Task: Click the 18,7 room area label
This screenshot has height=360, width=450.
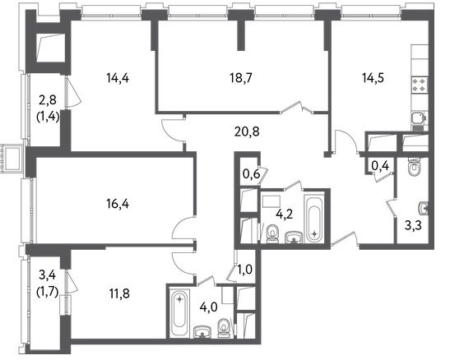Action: point(241,78)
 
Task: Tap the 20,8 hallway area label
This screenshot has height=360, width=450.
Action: point(247,132)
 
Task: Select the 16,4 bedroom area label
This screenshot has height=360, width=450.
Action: point(118,205)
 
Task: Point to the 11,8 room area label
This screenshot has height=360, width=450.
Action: point(119,293)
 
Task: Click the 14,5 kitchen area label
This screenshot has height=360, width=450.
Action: point(373,78)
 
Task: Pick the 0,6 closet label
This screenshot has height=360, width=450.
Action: point(252,173)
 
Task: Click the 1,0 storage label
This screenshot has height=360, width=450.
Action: point(245,270)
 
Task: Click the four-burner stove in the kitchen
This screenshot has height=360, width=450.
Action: point(420,85)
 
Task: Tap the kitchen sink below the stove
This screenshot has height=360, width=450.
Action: point(419,118)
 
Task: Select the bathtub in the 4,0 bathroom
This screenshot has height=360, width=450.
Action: point(179,313)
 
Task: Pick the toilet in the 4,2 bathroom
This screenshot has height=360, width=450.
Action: point(272,233)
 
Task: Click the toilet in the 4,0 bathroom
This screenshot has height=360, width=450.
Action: point(224,329)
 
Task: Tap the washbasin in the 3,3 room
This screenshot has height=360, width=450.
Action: point(424,208)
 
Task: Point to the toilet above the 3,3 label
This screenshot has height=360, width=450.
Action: point(414,167)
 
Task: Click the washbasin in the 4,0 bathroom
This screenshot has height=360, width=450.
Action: point(202,332)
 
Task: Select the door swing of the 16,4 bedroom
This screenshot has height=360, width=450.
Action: point(183,227)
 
